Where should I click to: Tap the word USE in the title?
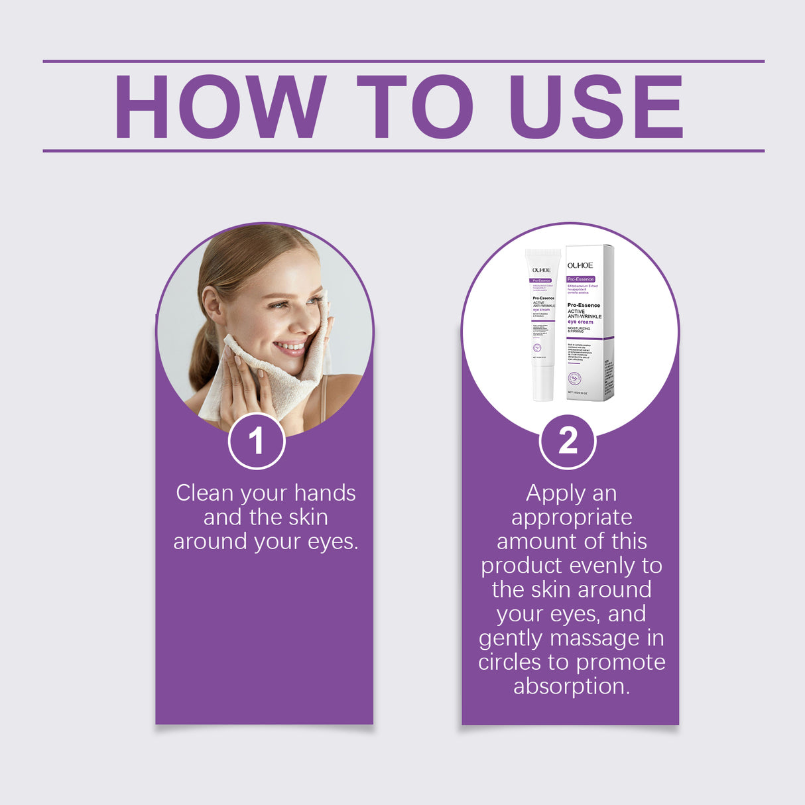tap(595, 107)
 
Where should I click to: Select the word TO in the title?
tap(414, 107)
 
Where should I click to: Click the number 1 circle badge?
tap(257, 441)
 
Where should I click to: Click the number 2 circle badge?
tap(568, 441)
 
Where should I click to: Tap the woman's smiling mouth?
tap(290, 347)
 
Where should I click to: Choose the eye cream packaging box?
tap(589, 323)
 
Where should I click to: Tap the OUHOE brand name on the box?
tap(580, 265)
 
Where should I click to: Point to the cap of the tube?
tap(543, 383)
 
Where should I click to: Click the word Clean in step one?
tap(204, 493)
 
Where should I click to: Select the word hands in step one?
tap(325, 493)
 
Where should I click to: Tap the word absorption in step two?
tap(572, 686)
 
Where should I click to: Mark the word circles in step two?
tap(510, 662)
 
